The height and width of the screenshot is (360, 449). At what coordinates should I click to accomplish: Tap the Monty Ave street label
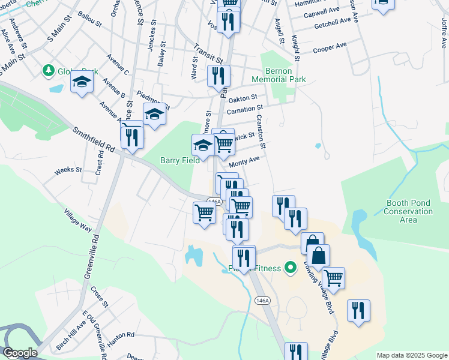[245, 161]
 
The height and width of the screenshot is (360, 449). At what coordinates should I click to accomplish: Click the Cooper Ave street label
[330, 47]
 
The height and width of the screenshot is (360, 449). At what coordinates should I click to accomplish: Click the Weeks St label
[68, 170]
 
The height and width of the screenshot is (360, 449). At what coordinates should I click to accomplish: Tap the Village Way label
[78, 220]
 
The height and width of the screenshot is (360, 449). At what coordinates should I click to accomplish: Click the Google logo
[19, 353]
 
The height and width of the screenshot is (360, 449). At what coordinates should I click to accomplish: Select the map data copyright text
[412, 355]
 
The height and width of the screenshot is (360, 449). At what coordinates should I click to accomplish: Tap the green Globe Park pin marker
[48, 71]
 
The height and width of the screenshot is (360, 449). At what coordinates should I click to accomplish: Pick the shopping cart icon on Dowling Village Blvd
[333, 278]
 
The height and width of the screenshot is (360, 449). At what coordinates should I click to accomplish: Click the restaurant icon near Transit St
[218, 76]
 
